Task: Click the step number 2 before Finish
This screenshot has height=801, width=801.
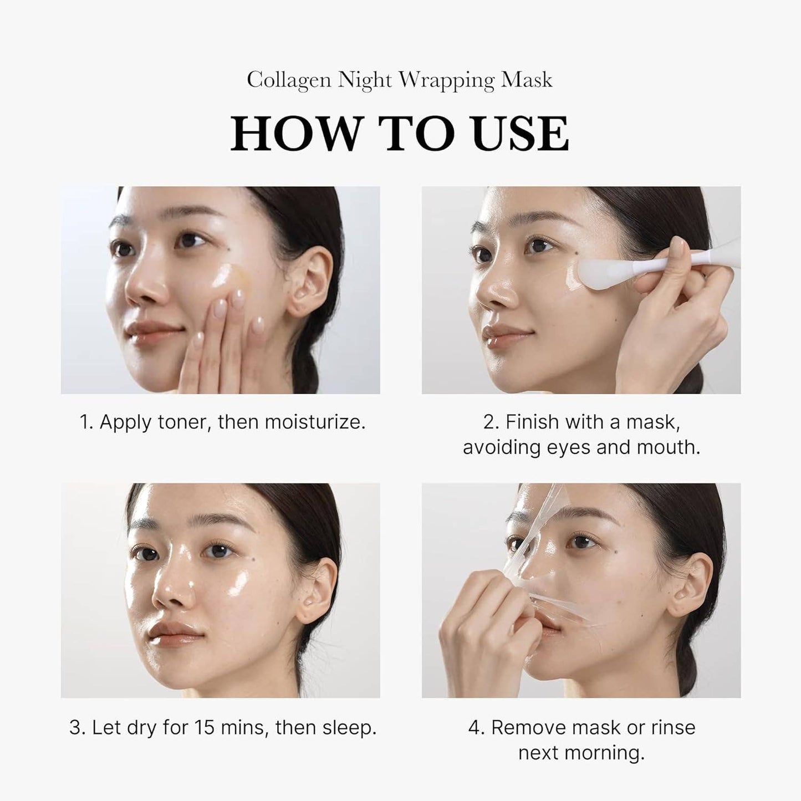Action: pos(488,422)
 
